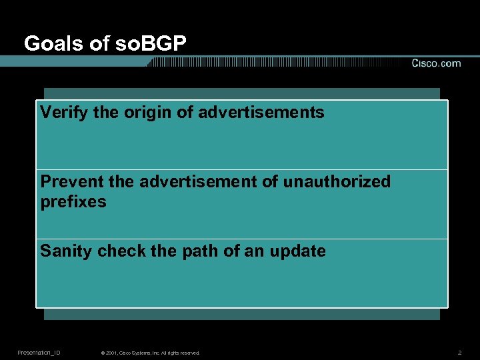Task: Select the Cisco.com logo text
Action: pyautogui.click(x=435, y=63)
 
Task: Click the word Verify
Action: pyautogui.click(x=64, y=113)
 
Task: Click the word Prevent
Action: pyautogui.click(x=70, y=181)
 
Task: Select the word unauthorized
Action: pyautogui.click(x=337, y=181)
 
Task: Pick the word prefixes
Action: pyautogui.click(x=73, y=201)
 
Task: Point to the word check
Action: pyautogui.click(x=119, y=251)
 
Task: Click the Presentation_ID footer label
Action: pyautogui.click(x=39, y=352)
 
